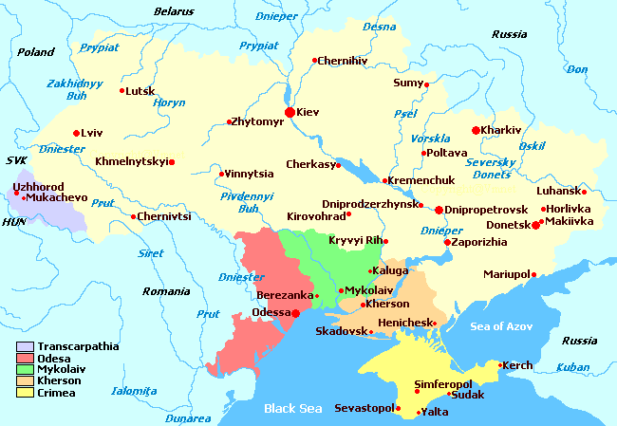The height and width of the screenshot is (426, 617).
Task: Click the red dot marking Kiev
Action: (x=290, y=112)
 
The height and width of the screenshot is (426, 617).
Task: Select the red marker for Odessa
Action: (x=295, y=312)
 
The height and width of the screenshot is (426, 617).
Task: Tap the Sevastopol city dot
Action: (x=399, y=409)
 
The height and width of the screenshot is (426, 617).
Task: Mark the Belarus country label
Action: (x=176, y=11)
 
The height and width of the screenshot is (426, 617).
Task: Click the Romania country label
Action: (x=166, y=291)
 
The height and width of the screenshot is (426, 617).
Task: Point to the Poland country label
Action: (x=36, y=52)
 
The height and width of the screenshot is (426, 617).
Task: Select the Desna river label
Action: (x=379, y=27)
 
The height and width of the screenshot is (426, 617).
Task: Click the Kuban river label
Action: (x=575, y=366)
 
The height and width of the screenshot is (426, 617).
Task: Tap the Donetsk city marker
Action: (x=536, y=225)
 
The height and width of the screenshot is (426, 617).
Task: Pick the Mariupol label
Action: (x=505, y=274)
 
